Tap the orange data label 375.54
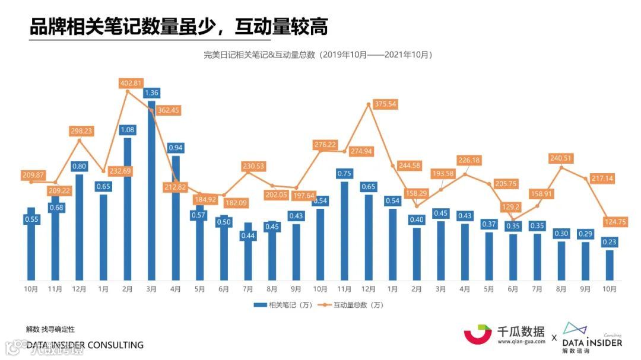(x=385, y=104)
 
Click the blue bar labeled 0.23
(x=610, y=266)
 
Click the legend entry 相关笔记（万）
(x=283, y=305)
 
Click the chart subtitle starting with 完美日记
(x=318, y=55)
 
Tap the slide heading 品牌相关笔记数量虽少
(x=179, y=27)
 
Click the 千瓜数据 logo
(x=504, y=334)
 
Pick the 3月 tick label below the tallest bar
(x=151, y=289)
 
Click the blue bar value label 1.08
(x=127, y=129)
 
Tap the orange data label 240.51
(x=560, y=158)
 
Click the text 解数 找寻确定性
(x=50, y=329)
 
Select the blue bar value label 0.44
(x=247, y=235)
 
